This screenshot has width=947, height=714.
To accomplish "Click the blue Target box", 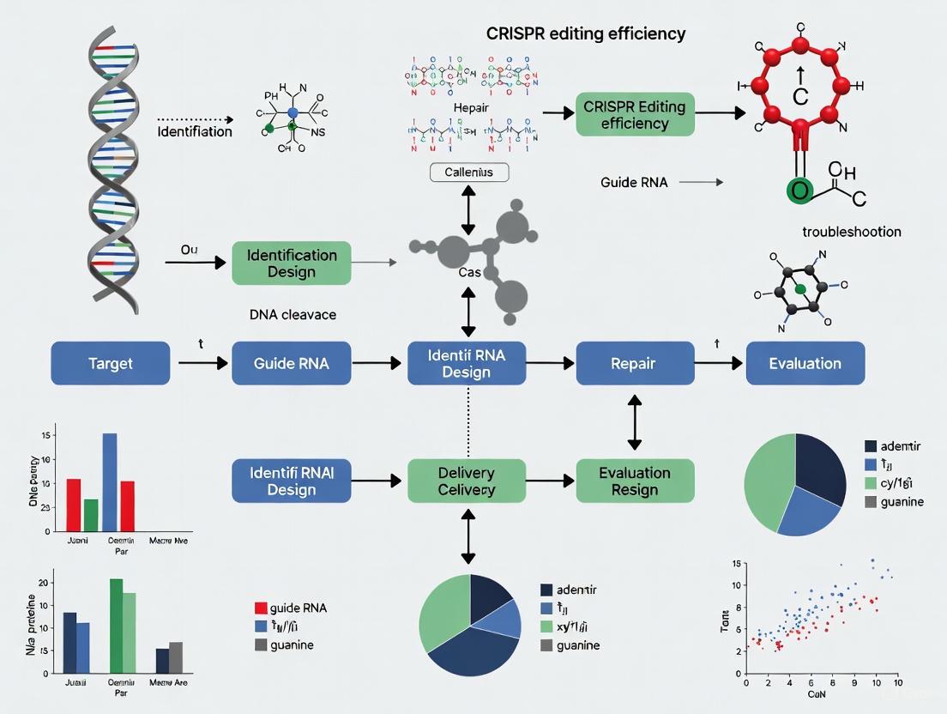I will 111,363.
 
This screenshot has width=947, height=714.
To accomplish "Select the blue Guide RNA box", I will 291,363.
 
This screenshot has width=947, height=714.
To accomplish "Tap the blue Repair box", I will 634,363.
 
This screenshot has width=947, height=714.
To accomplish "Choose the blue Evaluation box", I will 805,363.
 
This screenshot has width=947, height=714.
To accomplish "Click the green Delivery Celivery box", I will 467,481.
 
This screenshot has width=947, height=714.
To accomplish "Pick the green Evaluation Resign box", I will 634,481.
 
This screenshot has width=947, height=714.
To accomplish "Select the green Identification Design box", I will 292,263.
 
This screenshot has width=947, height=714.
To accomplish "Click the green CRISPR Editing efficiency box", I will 634,115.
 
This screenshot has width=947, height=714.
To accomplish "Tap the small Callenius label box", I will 468,172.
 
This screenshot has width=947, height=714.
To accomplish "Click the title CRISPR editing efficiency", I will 586,34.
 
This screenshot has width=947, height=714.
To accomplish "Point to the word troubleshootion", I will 851,232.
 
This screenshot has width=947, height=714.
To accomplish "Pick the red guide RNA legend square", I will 262,608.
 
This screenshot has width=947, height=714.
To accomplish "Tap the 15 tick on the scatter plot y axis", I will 735,564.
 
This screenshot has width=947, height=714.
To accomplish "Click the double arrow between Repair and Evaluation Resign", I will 634,421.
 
